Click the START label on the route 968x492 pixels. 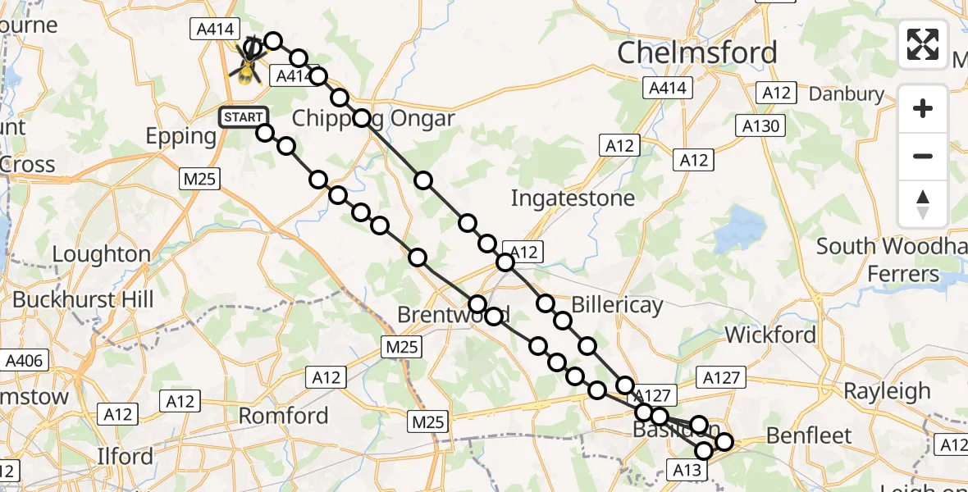pyautogui.click(x=243, y=118)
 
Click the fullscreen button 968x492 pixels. pyautogui.click(x=923, y=44)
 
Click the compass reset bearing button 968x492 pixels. pyautogui.click(x=923, y=204)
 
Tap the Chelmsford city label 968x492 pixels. pyautogui.click(x=696, y=52)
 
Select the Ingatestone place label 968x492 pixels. pyautogui.click(x=573, y=198)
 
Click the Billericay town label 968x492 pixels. pyautogui.click(x=616, y=306)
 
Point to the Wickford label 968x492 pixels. pyautogui.click(x=770, y=335)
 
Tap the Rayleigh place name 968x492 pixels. pyautogui.click(x=887, y=391)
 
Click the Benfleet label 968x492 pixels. pyautogui.click(x=809, y=435)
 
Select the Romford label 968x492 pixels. pyautogui.click(x=283, y=416)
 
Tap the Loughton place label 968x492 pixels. pyautogui.click(x=102, y=254)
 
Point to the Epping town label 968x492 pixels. pyautogui.click(x=180, y=135)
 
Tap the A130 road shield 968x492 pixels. pyautogui.click(x=762, y=125)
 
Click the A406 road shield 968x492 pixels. pyautogui.click(x=26, y=360)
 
